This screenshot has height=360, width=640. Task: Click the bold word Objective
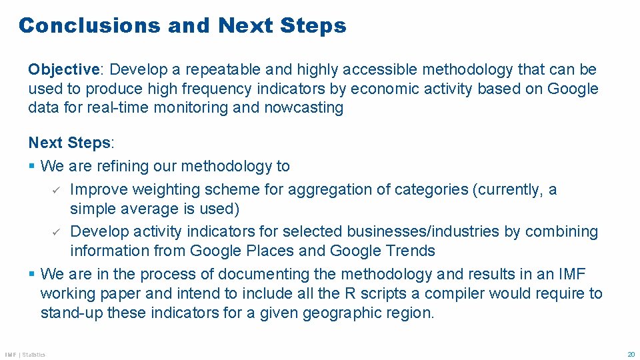coord(63,69)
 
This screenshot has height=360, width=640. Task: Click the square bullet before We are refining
coord(32,165)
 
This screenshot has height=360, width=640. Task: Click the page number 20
coord(631,354)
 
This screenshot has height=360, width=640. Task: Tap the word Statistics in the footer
coord(33,355)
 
